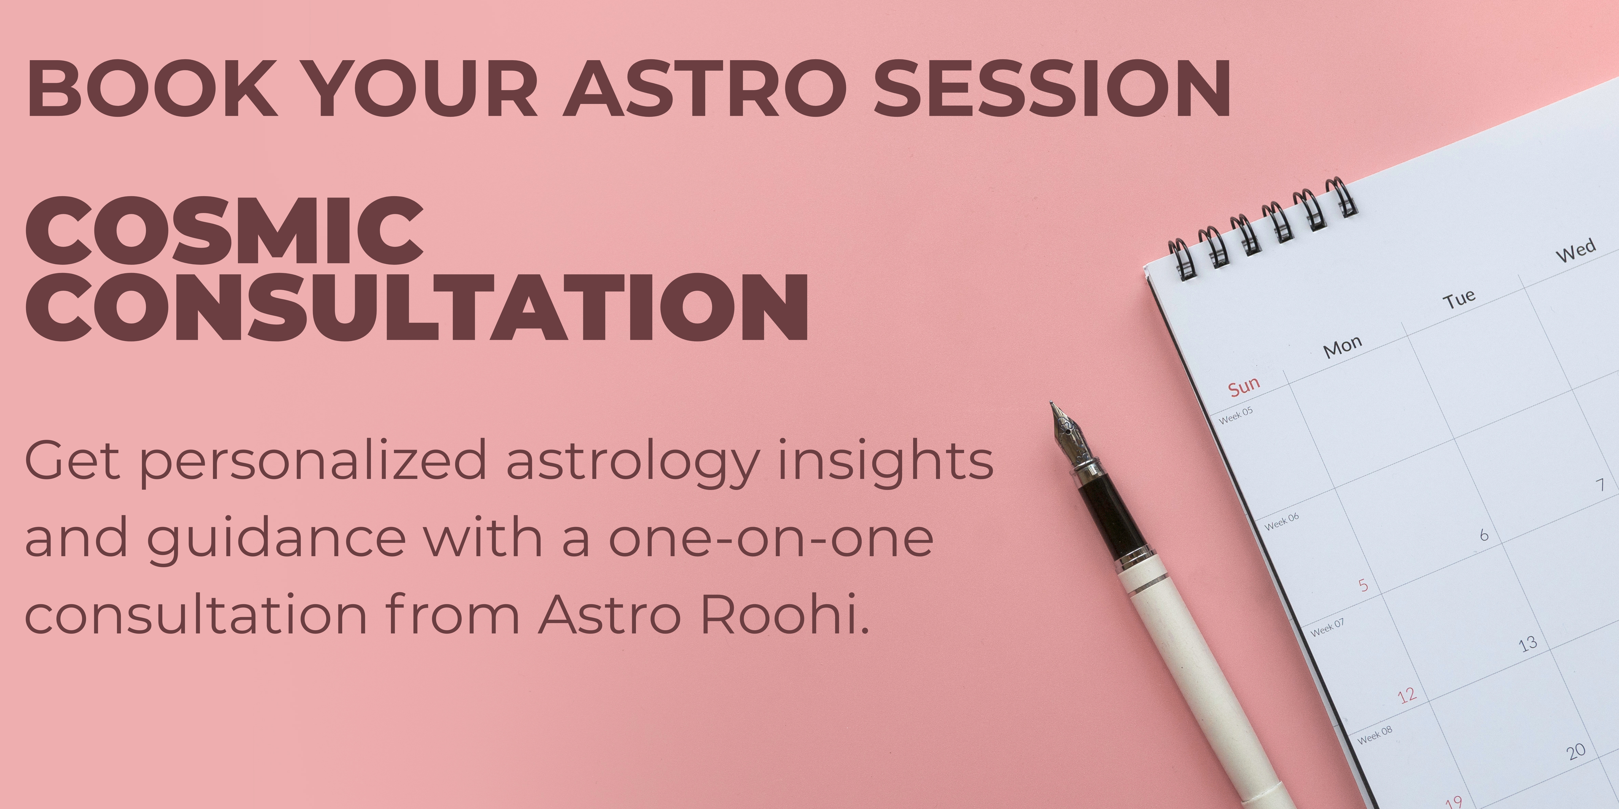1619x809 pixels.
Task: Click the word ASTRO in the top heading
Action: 705,88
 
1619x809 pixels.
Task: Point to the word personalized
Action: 313,463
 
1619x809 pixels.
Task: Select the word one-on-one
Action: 771,539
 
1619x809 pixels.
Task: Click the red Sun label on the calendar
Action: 1244,386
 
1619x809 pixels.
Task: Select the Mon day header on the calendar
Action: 1342,346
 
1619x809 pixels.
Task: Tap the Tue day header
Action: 1459,299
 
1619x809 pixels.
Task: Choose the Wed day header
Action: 1576,250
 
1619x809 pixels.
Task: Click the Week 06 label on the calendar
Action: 1282,521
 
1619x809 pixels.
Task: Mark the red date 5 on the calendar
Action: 1363,585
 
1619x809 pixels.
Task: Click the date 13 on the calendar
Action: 1528,643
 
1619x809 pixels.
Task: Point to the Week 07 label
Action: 1327,627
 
